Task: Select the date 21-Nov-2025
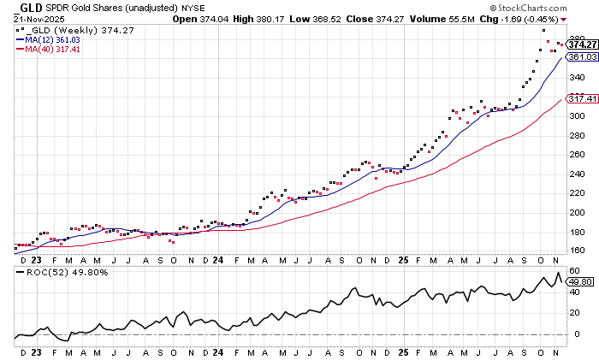pos(36,18)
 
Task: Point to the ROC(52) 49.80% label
pos(56,273)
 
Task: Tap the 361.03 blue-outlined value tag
pos(581,56)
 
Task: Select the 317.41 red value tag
pos(581,98)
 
